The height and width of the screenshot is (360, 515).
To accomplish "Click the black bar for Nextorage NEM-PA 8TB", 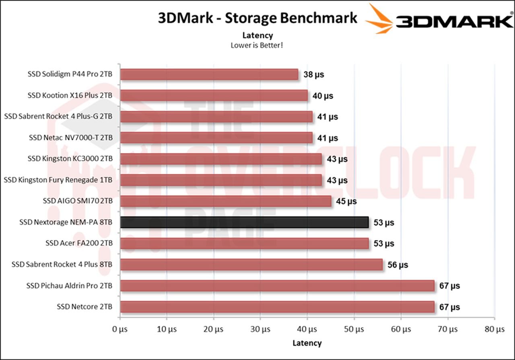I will tap(244, 222).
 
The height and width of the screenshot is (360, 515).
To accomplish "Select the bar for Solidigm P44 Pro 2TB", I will tap(209, 74).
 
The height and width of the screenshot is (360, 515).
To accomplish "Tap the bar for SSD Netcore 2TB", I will tap(277, 307).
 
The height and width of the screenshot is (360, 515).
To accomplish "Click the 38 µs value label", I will tap(313, 74).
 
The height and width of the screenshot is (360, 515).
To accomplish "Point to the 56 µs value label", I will tap(398, 265).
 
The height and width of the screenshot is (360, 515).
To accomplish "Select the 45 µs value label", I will tap(346, 201).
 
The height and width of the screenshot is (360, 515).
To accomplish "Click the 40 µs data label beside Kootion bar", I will tap(323, 96).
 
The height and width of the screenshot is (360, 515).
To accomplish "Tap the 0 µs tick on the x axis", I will tap(120, 329).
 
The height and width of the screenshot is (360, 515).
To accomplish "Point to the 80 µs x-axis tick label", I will tap(494, 329).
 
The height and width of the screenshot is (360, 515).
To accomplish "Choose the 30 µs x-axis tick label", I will tap(260, 329).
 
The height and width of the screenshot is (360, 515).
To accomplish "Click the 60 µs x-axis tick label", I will tap(401, 329).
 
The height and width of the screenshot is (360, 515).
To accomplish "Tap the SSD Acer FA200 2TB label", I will tap(79, 243).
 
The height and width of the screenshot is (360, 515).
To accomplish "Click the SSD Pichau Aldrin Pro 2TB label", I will tap(69, 286).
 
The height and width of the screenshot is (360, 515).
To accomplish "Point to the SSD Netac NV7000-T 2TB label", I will tap(70, 138).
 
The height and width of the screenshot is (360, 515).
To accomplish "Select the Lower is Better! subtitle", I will tap(257, 45).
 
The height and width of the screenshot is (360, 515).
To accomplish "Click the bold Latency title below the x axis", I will tap(307, 343).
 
